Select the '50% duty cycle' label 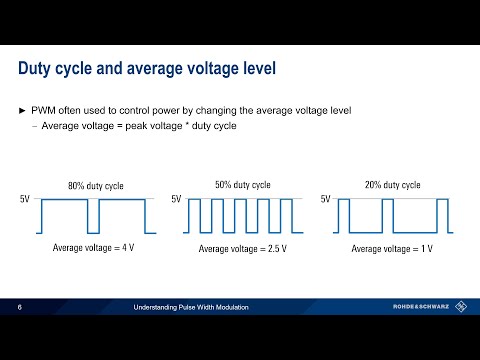coord(243,185)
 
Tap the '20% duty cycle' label coord(391,185)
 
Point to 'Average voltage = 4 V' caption coord(93,247)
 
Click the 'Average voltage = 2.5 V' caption coord(243,247)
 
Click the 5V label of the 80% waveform coord(26,200)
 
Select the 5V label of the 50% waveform coord(176,200)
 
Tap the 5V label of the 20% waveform coord(325,200)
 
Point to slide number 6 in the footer coord(20,308)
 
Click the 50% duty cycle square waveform coord(243,216)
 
